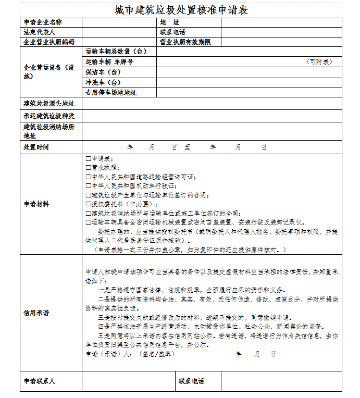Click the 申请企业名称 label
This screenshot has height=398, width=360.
pos(43,22)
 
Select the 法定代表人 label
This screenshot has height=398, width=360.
pos(39,32)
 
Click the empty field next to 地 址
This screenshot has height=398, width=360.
pos(281,22)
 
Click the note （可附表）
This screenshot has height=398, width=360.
pos(319,61)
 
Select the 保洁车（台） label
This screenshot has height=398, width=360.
pos(103,72)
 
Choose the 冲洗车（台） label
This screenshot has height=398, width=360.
pos(103,82)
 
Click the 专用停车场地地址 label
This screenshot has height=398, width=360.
pos(111,92)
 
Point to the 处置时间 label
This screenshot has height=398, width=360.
pos(36,147)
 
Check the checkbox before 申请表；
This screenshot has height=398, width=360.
pos(88,159)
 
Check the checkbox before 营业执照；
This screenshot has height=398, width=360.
pos(88,168)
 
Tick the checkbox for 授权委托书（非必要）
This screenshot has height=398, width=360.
pos(88,204)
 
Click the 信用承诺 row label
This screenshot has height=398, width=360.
pos(36,313)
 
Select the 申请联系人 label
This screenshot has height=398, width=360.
pos(39,381)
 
